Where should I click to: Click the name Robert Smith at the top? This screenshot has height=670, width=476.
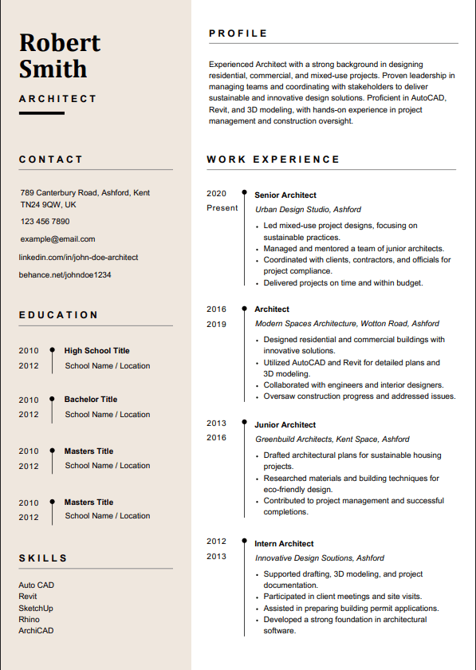(x=60, y=55)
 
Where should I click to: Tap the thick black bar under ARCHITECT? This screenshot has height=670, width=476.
(x=41, y=113)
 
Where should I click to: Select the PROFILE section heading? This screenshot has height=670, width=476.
(x=238, y=33)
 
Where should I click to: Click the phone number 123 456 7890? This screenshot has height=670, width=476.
(x=45, y=222)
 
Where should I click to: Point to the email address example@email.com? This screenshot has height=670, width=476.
(x=57, y=239)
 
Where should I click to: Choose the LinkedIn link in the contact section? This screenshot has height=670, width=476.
(x=78, y=258)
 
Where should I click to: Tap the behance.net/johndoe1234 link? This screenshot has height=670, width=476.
(x=65, y=275)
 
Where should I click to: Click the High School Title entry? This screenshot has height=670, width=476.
(x=96, y=351)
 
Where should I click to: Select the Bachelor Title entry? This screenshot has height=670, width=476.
(x=91, y=400)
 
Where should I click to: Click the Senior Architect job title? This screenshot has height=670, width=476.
(x=285, y=195)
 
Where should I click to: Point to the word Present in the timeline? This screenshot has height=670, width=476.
(x=222, y=208)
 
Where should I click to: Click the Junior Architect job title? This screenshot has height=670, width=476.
(x=285, y=425)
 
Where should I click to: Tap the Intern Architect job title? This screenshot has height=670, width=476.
(x=284, y=544)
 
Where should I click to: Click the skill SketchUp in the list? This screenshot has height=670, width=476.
(x=35, y=608)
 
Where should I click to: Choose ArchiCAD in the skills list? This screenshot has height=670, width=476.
(x=36, y=631)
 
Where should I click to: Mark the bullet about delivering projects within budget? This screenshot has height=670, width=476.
(x=343, y=283)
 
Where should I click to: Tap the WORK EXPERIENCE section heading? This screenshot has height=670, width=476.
(x=273, y=160)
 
